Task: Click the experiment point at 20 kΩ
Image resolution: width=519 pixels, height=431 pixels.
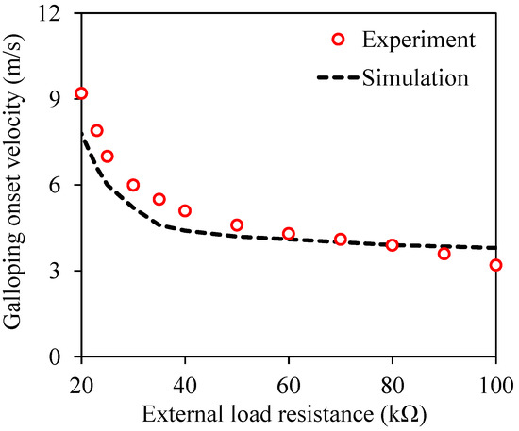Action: [81, 93]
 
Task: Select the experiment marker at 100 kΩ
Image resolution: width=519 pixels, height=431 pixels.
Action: [496, 265]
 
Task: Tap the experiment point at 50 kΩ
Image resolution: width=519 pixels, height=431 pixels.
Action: [237, 225]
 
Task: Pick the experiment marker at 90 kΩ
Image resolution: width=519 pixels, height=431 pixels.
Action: [444, 254]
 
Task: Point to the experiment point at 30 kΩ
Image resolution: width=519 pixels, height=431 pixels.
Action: [133, 185]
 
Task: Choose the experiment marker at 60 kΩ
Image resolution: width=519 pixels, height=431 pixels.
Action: [289, 234]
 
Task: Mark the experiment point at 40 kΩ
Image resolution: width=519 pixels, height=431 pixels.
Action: [185, 211]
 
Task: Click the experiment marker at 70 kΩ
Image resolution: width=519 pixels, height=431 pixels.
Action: [341, 240]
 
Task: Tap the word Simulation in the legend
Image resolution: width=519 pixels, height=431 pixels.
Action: [414, 77]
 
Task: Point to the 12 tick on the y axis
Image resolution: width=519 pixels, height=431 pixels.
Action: [58, 13]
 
